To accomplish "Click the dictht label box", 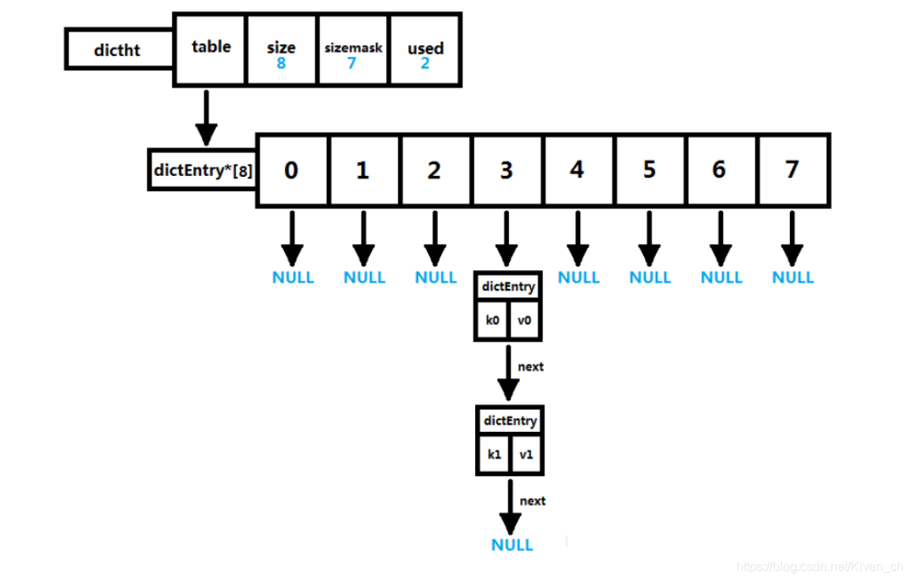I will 118,50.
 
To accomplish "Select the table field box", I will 210,49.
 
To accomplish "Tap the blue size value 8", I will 281,64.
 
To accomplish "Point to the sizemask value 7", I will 352,64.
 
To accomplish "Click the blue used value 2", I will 425,64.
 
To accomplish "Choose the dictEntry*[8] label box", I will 203,169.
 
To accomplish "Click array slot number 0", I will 291,171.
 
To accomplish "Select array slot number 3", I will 506,171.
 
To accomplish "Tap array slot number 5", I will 650,171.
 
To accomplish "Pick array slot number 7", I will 792,171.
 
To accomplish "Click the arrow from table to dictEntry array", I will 206,118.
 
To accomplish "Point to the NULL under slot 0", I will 293,278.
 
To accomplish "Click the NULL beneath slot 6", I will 721,278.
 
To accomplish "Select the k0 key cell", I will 492,321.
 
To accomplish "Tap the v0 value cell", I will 526,321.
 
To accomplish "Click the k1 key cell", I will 494,455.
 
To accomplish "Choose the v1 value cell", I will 526,455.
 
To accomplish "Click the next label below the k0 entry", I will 531,367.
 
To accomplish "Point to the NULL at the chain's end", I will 512,545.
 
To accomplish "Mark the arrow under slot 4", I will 577,238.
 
